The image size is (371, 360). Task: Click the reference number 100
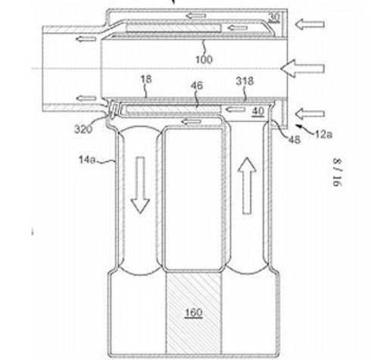(x=204, y=60)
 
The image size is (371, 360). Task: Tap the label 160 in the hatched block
(x=193, y=312)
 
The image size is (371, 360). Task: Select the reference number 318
(x=245, y=81)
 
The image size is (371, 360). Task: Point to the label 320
(x=83, y=129)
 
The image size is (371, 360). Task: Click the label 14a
(x=87, y=160)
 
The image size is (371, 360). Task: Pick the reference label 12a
(x=323, y=135)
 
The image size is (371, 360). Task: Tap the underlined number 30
(x=274, y=17)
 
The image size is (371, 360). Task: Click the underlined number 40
(x=258, y=111)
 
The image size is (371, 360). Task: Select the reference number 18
(x=146, y=79)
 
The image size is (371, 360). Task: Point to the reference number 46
(x=197, y=85)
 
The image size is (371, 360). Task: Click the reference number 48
(x=295, y=139)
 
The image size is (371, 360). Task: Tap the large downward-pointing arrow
(x=140, y=185)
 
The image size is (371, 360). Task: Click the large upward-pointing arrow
(x=247, y=186)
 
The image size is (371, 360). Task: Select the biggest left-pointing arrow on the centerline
(x=302, y=68)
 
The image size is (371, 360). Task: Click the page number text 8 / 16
(x=337, y=172)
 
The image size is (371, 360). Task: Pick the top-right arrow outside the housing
(x=310, y=24)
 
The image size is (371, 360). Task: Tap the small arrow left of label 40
(x=235, y=110)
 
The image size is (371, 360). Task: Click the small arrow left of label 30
(x=237, y=28)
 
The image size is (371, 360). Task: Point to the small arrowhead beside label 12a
(x=299, y=126)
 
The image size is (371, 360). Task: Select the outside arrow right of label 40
(x=310, y=114)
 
